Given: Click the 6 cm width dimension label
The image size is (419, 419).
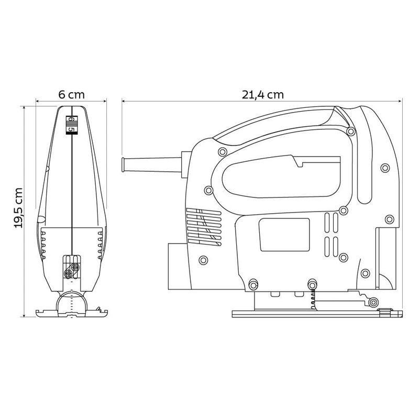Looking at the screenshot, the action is click(x=71, y=95).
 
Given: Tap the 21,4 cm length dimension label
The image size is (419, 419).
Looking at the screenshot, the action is click(x=263, y=95).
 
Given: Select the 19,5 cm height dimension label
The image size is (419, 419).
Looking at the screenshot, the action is click(x=18, y=207).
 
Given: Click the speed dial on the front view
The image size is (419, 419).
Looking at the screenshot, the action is click(x=72, y=125).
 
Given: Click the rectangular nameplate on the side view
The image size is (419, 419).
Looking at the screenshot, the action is click(x=284, y=235).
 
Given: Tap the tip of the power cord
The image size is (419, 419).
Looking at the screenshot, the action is click(x=123, y=164).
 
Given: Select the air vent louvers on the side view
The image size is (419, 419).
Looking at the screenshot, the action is click(x=204, y=227).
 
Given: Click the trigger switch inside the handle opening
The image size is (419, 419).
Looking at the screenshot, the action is click(x=316, y=161).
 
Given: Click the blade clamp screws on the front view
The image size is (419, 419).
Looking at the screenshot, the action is click(x=72, y=270).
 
